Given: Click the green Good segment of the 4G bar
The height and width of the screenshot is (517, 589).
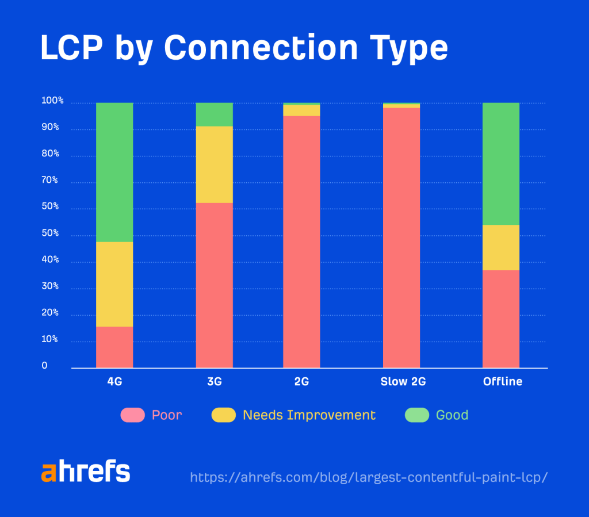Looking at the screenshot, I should point(114,172).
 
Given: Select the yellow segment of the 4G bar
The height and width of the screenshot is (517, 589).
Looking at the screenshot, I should point(114,284).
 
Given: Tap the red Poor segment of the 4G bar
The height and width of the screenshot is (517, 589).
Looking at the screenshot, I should point(114,347).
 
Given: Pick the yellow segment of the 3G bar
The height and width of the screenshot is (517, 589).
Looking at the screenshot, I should point(214,164).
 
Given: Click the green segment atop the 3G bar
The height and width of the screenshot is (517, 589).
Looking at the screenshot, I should point(214,114).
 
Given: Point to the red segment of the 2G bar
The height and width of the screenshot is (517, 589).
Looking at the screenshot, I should point(301,242).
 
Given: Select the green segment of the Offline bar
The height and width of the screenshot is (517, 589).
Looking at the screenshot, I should point(500,164).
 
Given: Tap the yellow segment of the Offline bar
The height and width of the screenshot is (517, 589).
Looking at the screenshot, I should point(500,247).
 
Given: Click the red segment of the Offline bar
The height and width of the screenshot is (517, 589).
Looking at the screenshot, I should point(500,319).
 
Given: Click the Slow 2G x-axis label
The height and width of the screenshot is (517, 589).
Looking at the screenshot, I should point(403,382).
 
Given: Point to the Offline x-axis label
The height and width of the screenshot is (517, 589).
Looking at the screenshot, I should point(502,382).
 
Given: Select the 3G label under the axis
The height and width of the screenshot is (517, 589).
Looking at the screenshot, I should point(214,382).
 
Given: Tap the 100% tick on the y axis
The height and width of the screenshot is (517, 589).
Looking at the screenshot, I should point(52,101).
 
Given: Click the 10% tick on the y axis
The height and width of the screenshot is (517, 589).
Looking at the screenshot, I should point(50,339).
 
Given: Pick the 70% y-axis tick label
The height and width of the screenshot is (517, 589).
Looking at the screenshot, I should point(50,180).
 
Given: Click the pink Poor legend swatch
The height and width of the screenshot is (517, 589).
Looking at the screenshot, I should point(132,415).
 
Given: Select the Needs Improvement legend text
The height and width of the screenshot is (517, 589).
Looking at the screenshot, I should point(309,415).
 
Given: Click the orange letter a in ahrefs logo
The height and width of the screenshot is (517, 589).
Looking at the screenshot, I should point(49,472).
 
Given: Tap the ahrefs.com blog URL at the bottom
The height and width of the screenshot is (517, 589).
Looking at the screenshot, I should point(368,477).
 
